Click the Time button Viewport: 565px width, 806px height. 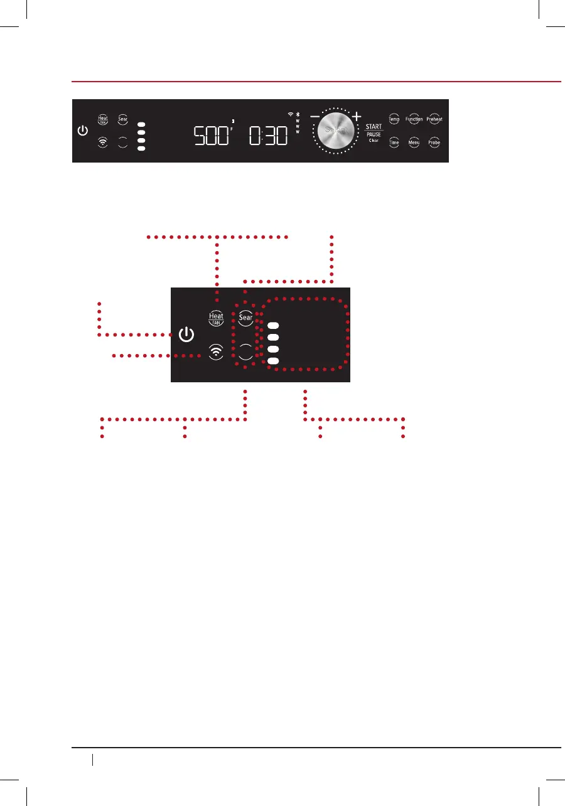pyautogui.click(x=394, y=142)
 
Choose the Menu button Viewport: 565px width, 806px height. pyautogui.click(x=414, y=142)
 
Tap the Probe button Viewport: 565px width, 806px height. pyautogui.click(x=434, y=142)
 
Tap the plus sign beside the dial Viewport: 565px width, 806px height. pyautogui.click(x=357, y=116)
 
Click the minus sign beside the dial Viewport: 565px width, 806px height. pyautogui.click(x=314, y=117)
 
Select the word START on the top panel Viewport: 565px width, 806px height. pyautogui.click(x=374, y=127)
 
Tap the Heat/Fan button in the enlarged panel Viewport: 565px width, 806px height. pyautogui.click(x=216, y=318)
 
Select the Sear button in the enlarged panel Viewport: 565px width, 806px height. pyautogui.click(x=245, y=318)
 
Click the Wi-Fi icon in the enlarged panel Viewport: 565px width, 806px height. pyautogui.click(x=216, y=352)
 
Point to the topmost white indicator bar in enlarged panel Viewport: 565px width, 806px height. pyautogui.click(x=273, y=326)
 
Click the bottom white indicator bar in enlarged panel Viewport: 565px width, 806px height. pyautogui.click(x=273, y=361)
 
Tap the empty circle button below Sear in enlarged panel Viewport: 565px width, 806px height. pyautogui.click(x=245, y=352)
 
